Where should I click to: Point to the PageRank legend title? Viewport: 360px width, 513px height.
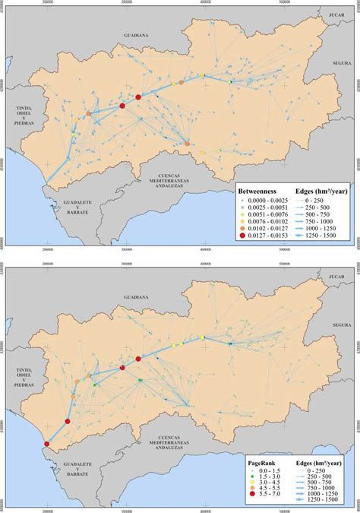[x=266, y=461]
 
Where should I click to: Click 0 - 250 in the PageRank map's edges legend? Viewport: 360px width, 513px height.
[x=324, y=470]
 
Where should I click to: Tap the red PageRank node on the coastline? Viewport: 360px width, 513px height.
[x=47, y=445]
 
